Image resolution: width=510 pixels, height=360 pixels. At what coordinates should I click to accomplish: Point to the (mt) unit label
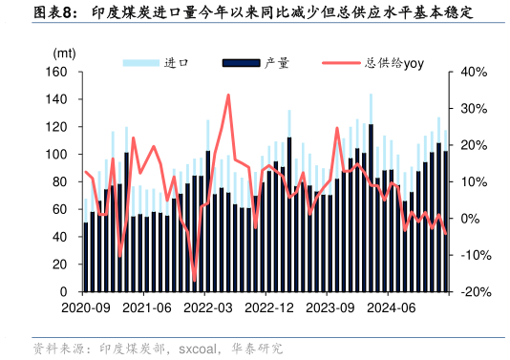[64, 53]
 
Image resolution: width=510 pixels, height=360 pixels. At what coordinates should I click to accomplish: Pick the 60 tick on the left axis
[59, 209]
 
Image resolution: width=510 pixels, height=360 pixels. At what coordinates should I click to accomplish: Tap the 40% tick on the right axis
[474, 72]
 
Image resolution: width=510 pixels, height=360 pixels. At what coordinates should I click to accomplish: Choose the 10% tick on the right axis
[474, 181]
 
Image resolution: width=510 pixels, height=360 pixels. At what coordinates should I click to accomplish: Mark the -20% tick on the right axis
[475, 291]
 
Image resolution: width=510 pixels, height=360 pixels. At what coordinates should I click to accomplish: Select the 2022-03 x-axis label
[208, 307]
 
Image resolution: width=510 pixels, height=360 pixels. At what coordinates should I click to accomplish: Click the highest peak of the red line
[227, 95]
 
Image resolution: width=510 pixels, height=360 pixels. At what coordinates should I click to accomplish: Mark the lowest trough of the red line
[195, 282]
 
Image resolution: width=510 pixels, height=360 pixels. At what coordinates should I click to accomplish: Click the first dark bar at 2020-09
[86, 257]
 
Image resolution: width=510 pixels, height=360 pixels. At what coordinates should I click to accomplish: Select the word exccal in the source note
[201, 349]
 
